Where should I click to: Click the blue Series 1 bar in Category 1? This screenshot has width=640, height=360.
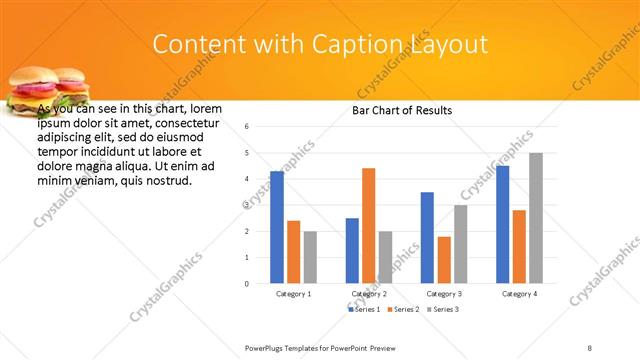tap(277, 227)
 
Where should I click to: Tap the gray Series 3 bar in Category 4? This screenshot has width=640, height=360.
tap(536, 218)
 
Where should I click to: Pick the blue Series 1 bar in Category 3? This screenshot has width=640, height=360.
tap(427, 238)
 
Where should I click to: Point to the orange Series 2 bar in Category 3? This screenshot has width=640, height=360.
tap(444, 260)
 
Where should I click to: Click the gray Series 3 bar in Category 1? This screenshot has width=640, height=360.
tap(310, 257)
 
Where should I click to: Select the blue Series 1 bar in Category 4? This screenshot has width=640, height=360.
tap(502, 224)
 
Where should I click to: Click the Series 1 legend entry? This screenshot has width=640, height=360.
tap(364, 309)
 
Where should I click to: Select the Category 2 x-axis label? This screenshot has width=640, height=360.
tap(369, 294)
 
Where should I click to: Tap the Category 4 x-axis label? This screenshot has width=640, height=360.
tap(519, 294)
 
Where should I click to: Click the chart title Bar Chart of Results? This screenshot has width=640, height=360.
tap(402, 110)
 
